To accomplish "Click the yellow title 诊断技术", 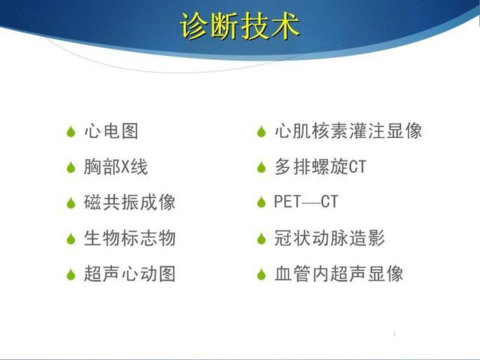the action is (x=240, y=26).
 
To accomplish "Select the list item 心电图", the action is (x=111, y=131).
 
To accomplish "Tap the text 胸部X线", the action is (x=116, y=167).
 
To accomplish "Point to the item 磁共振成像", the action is (x=130, y=202).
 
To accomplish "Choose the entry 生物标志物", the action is (x=130, y=238).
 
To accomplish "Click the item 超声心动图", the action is (x=130, y=274).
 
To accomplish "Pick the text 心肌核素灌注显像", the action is (x=348, y=131).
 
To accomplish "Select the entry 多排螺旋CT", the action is (x=320, y=167).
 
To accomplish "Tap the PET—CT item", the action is (x=306, y=202).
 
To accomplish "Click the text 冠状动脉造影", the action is (x=330, y=238).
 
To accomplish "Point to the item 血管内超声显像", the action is (x=339, y=274).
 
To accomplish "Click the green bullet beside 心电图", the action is (x=71, y=132).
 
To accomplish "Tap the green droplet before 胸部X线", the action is (x=71, y=167).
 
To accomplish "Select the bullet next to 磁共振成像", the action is (x=71, y=203).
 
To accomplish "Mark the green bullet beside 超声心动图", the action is (x=71, y=274).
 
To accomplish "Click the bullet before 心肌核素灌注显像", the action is (x=262, y=132).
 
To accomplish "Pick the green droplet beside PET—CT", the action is (x=262, y=202).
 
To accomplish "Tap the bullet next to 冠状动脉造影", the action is (x=262, y=238).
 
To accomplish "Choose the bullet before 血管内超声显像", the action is (x=262, y=274).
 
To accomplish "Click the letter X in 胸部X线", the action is (x=125, y=167).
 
